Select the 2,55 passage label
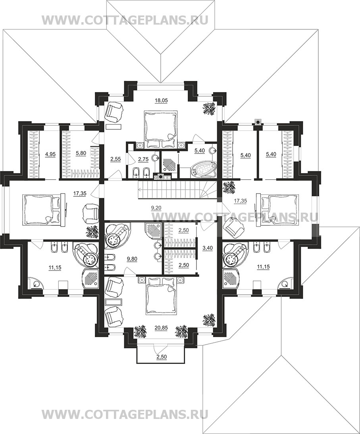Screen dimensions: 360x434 click(116, 159)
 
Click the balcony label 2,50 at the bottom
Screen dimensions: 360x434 click(161, 357)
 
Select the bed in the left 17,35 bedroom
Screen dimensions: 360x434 click(42, 209)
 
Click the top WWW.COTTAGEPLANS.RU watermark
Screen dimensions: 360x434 click(125, 20)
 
